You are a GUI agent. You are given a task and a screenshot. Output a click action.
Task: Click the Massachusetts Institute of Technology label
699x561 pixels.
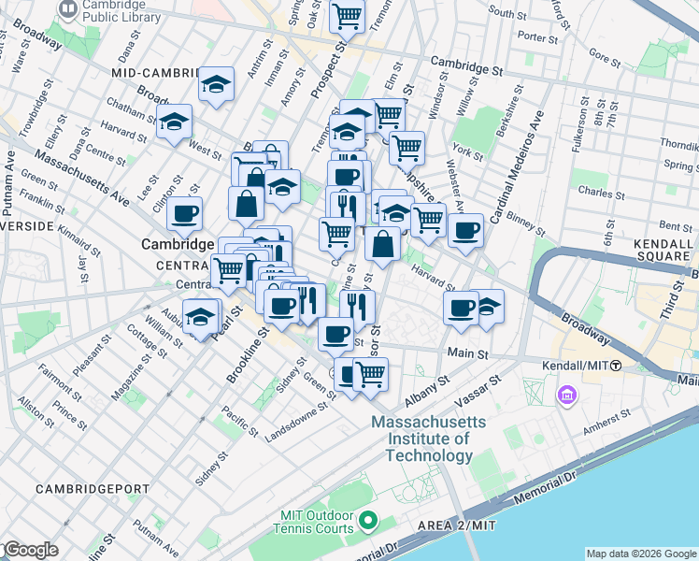coord(428,439)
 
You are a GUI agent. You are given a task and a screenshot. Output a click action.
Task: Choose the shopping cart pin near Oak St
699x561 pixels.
coord(347,16)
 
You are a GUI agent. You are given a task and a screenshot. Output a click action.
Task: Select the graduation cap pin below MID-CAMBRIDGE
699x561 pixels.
coord(216,86)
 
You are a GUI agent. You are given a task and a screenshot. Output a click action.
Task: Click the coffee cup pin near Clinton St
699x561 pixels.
coord(185,213)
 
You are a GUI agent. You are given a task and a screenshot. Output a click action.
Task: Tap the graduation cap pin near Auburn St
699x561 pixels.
coord(200,316)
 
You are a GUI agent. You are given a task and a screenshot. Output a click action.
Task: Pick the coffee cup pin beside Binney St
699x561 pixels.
coord(464,230)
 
